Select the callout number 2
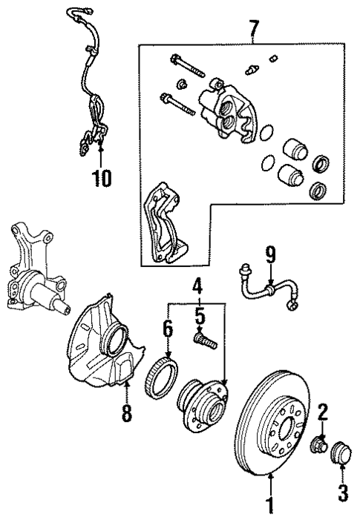pos(322,411)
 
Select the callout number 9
pos(270,255)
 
